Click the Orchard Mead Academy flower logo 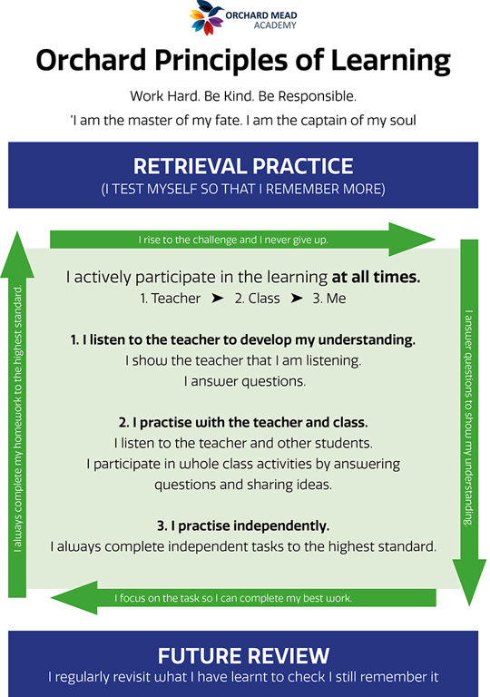206,17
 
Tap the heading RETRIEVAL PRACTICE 243,166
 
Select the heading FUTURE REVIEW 243,655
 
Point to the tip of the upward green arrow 17,232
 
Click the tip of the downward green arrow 469,605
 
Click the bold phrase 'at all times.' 377,277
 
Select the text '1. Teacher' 171,299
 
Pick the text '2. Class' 258,299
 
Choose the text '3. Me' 329,299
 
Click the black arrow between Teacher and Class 218,298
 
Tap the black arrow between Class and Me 297,298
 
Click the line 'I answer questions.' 245,381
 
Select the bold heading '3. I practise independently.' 243,525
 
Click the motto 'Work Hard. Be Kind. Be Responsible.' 243,96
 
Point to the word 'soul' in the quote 403,120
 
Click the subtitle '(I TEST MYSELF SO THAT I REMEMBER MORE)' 243,190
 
